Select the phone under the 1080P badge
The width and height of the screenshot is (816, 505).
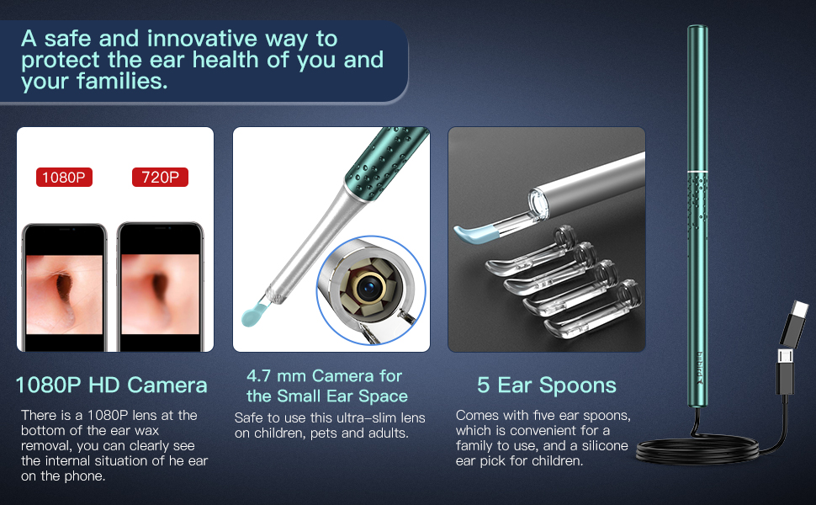64,286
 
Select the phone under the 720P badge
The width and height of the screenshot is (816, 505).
160,286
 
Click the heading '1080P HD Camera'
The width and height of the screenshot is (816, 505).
111,385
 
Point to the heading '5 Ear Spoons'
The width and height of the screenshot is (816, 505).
546,385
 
